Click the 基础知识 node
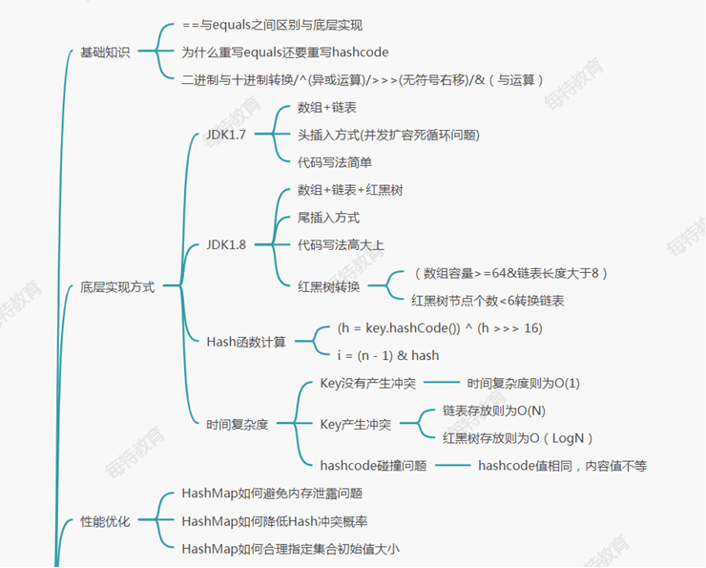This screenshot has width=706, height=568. pyautogui.click(x=104, y=53)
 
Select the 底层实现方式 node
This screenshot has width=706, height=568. pyautogui.click(x=116, y=286)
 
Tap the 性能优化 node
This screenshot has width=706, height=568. pyautogui.click(x=104, y=521)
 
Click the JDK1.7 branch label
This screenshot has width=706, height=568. pyautogui.click(x=226, y=135)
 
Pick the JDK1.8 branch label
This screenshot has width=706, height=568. pyautogui.click(x=226, y=245)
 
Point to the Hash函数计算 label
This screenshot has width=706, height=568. pyautogui.click(x=246, y=341)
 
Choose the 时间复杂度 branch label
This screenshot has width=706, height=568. pyautogui.click(x=238, y=424)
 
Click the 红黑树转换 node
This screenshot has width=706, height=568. pyautogui.click(x=329, y=285)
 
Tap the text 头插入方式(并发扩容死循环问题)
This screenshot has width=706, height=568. pyautogui.click(x=388, y=135)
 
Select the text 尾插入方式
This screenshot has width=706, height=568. pyautogui.click(x=329, y=218)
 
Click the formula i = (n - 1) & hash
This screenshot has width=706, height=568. pyautogui.click(x=388, y=355)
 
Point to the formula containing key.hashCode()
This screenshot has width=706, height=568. pyautogui.click(x=440, y=327)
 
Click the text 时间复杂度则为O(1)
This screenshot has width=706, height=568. pyautogui.click(x=524, y=383)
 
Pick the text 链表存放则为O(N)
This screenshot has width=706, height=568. pyautogui.click(x=494, y=410)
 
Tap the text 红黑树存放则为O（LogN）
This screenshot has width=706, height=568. pyautogui.click(x=518, y=438)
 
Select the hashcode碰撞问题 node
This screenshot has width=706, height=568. pyautogui.click(x=373, y=466)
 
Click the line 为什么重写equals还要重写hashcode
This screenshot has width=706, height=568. pyautogui.click(x=285, y=53)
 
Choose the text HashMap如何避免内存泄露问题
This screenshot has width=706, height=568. pyautogui.click(x=272, y=494)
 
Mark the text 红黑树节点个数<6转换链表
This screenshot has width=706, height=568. pyautogui.click(x=488, y=301)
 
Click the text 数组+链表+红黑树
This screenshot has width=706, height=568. pyautogui.click(x=350, y=190)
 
